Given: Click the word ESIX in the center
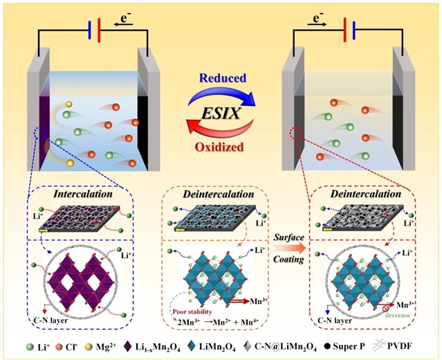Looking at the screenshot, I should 221,111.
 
